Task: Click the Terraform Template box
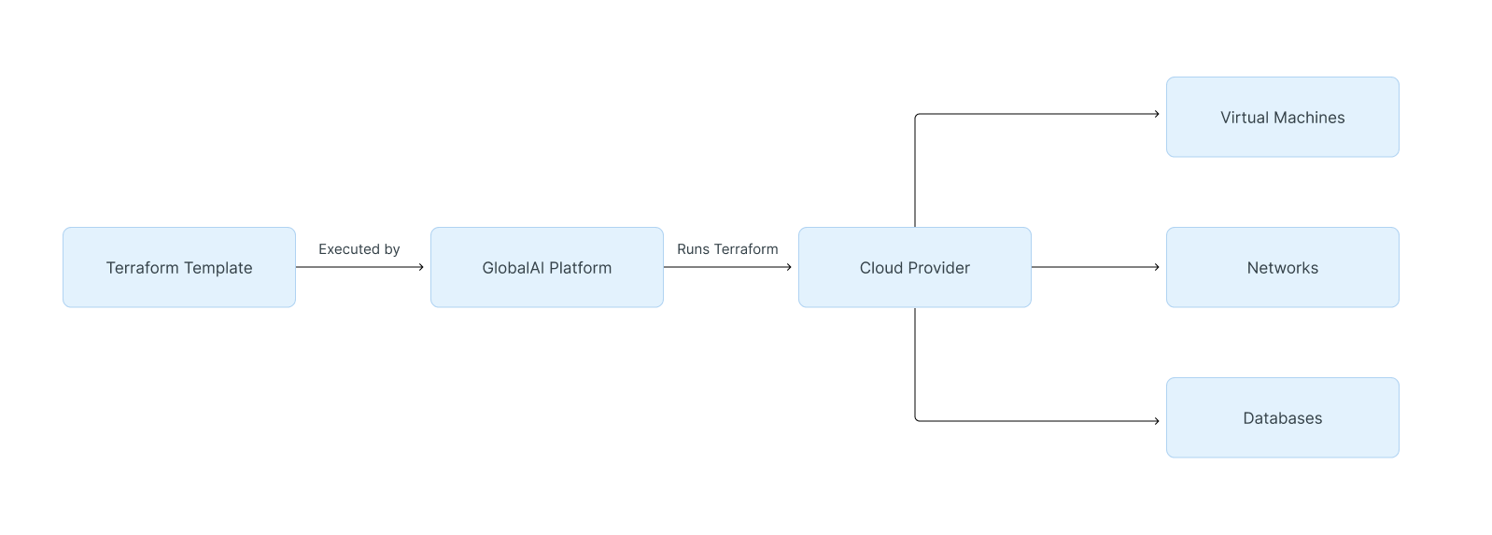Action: pos(179,267)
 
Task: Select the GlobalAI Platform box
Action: pos(546,267)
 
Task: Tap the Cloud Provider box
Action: pos(914,267)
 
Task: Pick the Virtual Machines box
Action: pos(1282,117)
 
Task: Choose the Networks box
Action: pos(1282,267)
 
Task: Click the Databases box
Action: pos(1282,417)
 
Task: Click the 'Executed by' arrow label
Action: pos(359,249)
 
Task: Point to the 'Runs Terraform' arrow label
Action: pos(727,249)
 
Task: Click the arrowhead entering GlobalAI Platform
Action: pos(420,267)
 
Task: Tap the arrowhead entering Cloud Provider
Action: pos(788,267)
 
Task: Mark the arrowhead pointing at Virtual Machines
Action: pos(1156,114)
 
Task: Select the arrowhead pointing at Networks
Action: pos(1156,267)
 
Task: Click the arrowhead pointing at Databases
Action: pos(1156,421)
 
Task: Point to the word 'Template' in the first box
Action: pos(217,268)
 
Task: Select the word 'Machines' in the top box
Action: pos(1309,118)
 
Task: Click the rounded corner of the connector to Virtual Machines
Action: pos(917,116)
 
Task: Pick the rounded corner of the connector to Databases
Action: pos(917,419)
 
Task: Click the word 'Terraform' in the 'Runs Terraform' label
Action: pos(746,249)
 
